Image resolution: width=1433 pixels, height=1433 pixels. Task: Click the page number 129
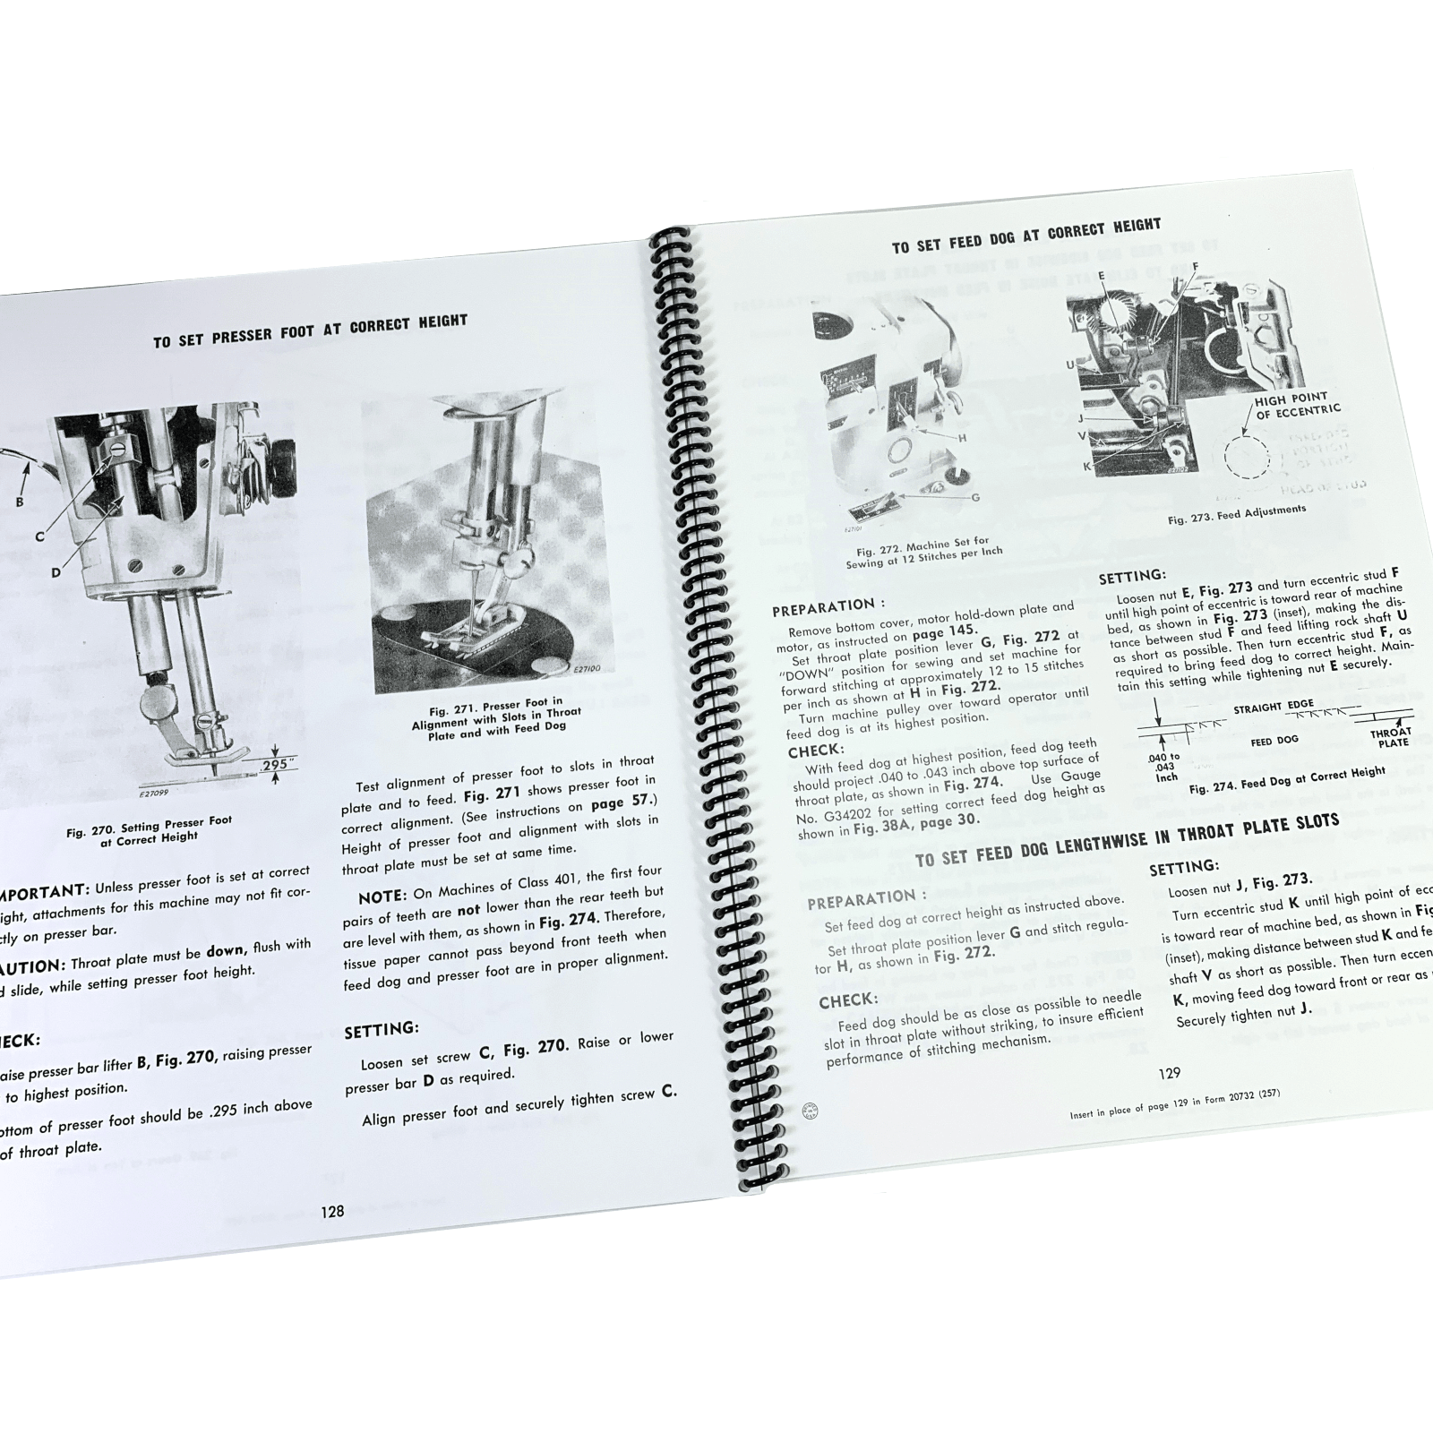coord(1170,1073)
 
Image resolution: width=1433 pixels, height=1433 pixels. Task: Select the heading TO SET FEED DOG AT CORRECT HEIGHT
coord(1025,235)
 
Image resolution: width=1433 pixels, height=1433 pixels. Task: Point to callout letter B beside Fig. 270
coord(20,502)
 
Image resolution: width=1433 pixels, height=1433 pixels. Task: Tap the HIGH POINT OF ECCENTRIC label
coord(1297,403)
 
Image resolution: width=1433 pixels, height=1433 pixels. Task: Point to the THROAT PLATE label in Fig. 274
coord(1389,736)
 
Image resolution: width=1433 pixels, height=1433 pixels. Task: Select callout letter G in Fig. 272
coord(975,495)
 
